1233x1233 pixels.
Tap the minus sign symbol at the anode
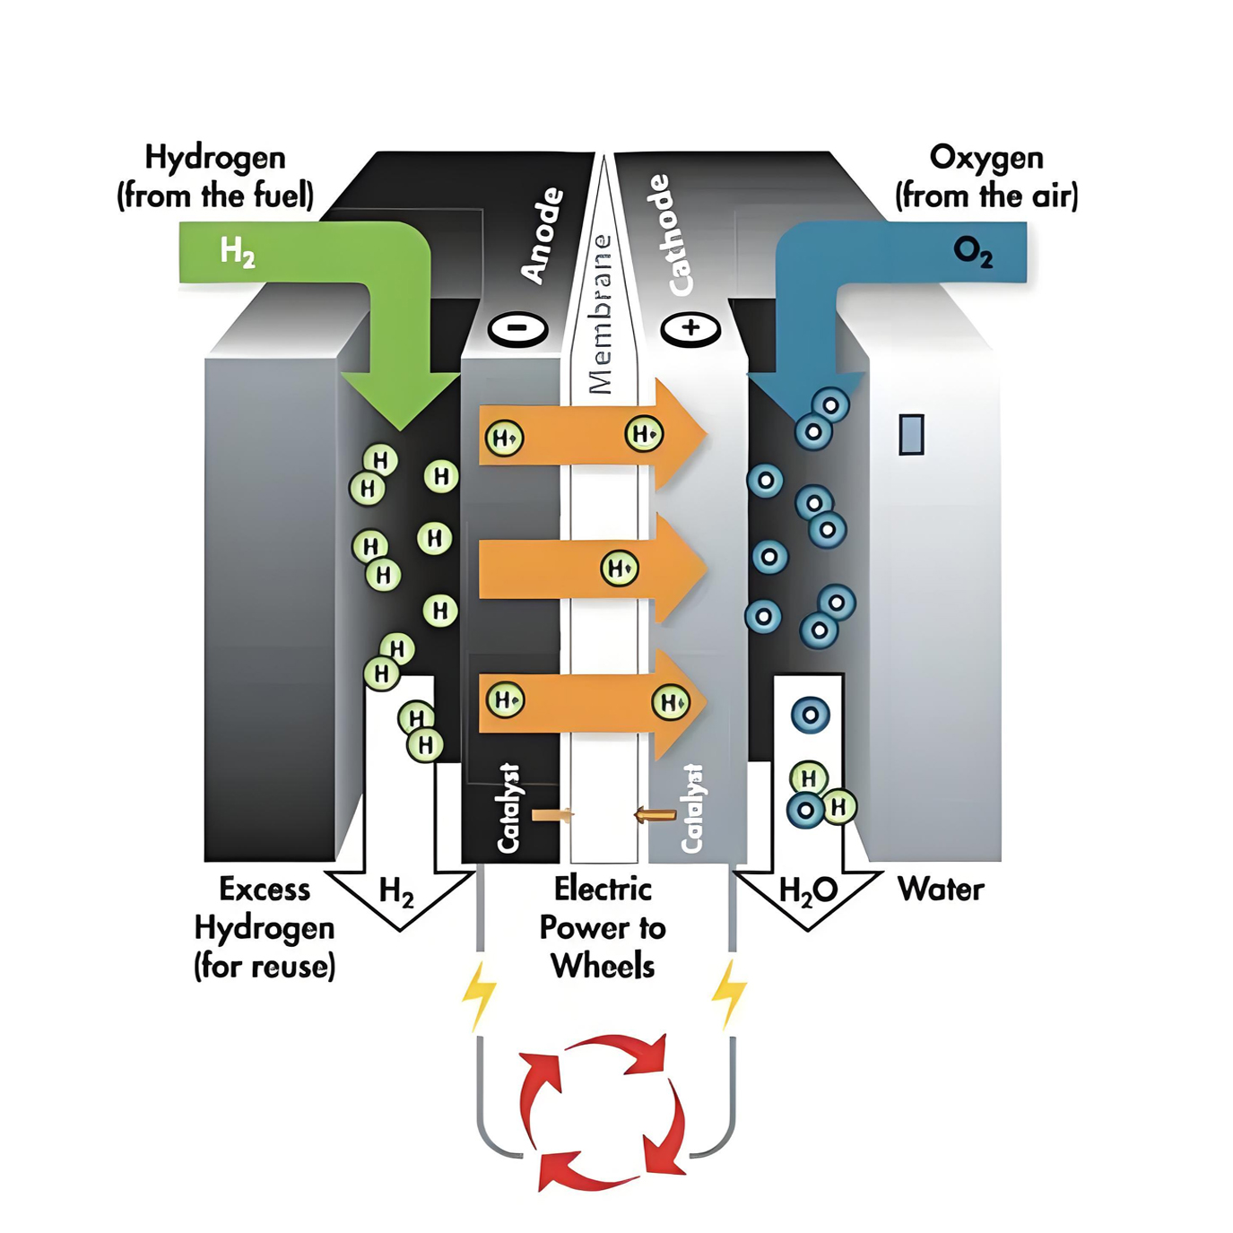(517, 328)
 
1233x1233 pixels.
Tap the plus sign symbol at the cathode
(690, 328)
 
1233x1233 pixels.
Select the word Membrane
(600, 314)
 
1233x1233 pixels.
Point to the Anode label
(543, 236)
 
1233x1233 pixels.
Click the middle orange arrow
(593, 569)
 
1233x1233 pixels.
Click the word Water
(941, 890)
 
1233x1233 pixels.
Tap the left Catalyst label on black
(508, 808)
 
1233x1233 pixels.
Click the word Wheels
(603, 966)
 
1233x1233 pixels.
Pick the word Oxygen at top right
(986, 159)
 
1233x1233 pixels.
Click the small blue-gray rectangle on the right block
(911, 434)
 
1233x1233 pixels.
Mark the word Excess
(265, 890)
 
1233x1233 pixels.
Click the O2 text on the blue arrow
(973, 253)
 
